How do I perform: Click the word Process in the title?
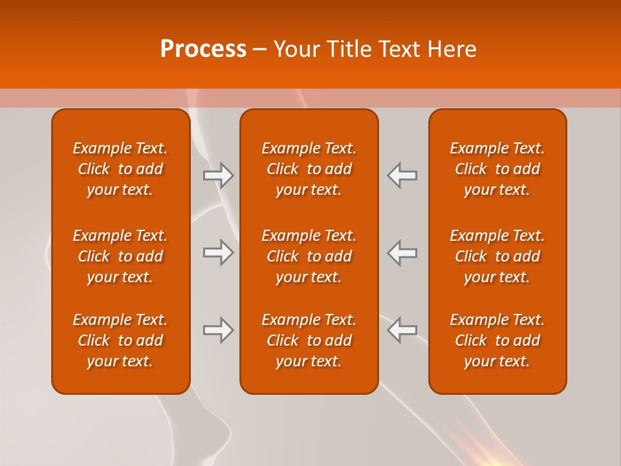point(203,49)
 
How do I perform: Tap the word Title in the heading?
point(349,49)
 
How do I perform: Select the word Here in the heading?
point(452,49)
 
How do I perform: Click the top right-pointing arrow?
point(218,175)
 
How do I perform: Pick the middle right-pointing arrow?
point(218,252)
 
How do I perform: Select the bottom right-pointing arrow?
point(218,330)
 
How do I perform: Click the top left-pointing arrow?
point(402,175)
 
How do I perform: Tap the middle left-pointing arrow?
point(402,252)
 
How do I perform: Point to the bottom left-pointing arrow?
point(402,330)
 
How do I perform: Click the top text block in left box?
point(120,169)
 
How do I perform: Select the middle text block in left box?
point(120,256)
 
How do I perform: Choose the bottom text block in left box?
point(120,340)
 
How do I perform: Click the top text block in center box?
point(309,169)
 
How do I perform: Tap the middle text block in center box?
point(309,256)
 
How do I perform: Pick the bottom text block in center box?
point(309,340)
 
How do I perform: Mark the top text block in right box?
point(497,169)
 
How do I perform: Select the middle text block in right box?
point(497,256)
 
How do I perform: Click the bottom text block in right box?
point(497,340)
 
